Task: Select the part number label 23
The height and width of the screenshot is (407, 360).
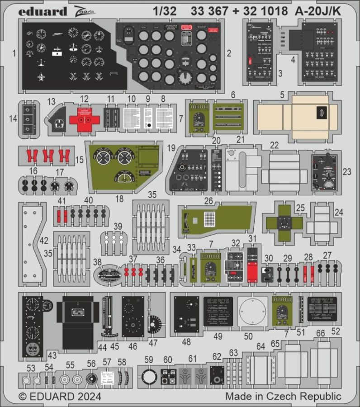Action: (x=347, y=171)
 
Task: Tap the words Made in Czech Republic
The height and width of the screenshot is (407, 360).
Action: (x=283, y=397)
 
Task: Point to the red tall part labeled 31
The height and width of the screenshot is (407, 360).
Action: (x=253, y=265)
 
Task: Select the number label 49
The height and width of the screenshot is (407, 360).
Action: (x=218, y=336)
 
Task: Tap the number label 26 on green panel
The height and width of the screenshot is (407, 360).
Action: (x=208, y=201)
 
